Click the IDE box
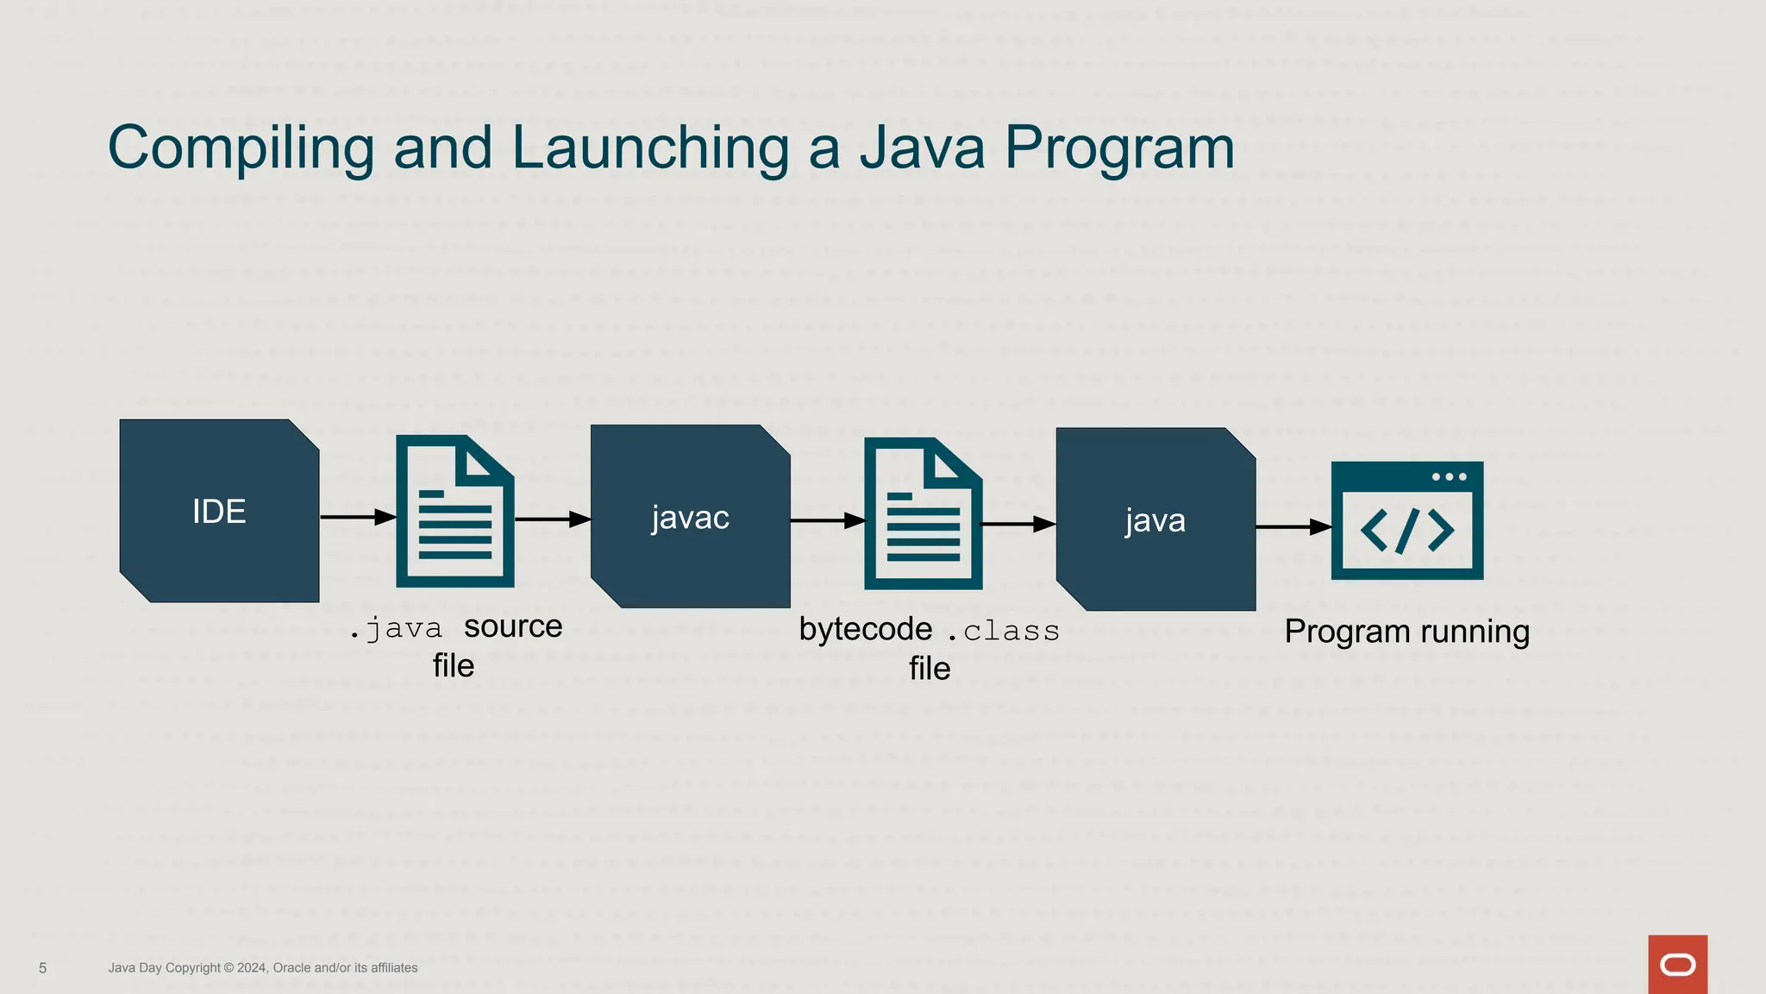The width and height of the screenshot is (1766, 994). tap(219, 511)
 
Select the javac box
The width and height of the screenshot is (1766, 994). tap(690, 516)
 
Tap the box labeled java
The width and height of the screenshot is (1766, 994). tap(1155, 519)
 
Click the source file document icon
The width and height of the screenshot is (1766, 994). tap(455, 512)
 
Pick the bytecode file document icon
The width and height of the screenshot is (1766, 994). tap(924, 514)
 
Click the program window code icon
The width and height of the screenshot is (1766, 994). tap(1407, 520)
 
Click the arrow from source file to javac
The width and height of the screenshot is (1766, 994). tap(552, 519)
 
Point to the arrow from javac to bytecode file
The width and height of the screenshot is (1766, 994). tap(827, 520)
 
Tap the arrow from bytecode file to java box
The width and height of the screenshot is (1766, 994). tap(1018, 524)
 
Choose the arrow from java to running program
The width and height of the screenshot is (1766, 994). tap(1293, 526)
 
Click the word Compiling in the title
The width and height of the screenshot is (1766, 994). tap(241, 148)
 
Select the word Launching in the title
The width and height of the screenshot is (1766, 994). tap(650, 148)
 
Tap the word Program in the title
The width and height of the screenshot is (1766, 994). tap(1119, 148)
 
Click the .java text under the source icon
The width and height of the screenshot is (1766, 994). tap(398, 629)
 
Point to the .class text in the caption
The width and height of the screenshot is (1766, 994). tap(1004, 632)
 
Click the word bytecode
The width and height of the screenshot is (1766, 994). tap(865, 629)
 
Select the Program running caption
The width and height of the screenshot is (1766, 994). tap(1406, 632)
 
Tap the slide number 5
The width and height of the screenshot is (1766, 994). tap(43, 968)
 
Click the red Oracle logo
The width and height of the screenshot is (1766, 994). tap(1677, 965)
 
